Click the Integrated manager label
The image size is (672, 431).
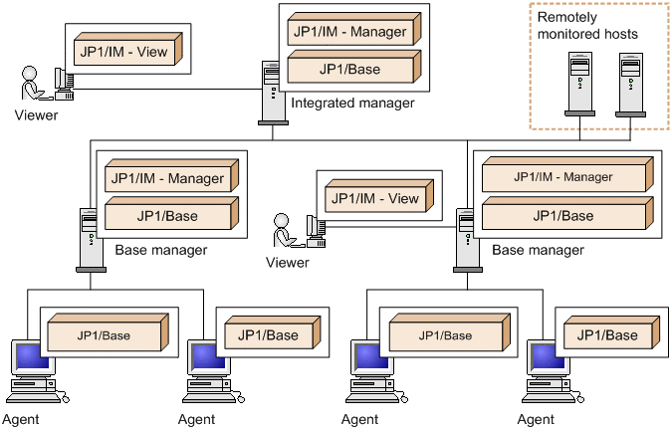coord(352,103)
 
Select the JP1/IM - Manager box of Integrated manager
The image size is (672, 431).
coord(348,32)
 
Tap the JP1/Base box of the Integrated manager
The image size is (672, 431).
coord(348,71)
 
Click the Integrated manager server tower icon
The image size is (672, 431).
coord(270,92)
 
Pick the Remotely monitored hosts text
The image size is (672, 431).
coord(587,26)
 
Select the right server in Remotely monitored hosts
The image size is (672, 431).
coord(629,85)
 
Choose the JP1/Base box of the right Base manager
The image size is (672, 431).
coord(562,216)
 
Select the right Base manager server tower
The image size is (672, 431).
coord(467,238)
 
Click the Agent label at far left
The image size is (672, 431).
coord(21,419)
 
